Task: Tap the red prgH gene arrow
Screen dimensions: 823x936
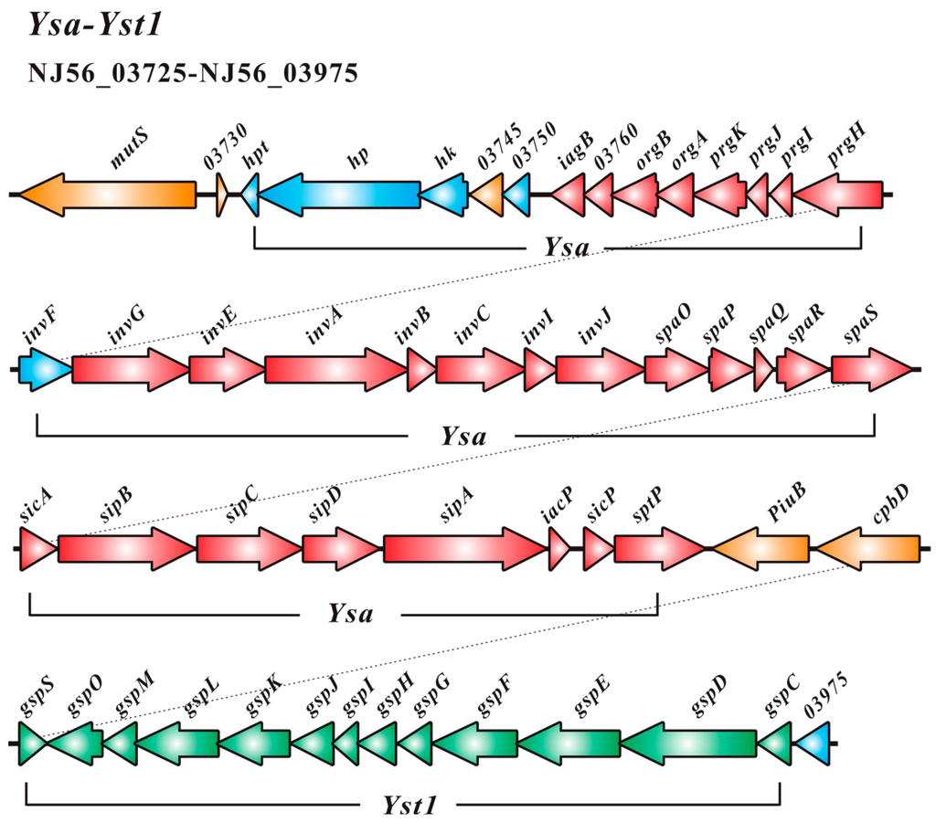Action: (x=838, y=195)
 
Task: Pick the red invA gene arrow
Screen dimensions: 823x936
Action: (x=335, y=370)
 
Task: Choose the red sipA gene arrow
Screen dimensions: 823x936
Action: (x=463, y=549)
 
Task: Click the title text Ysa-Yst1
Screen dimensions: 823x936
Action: (x=94, y=26)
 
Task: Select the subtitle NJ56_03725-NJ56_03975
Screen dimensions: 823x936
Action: (x=193, y=73)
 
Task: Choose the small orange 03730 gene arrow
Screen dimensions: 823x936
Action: (x=221, y=195)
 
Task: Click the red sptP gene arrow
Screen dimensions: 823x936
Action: (x=657, y=549)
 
